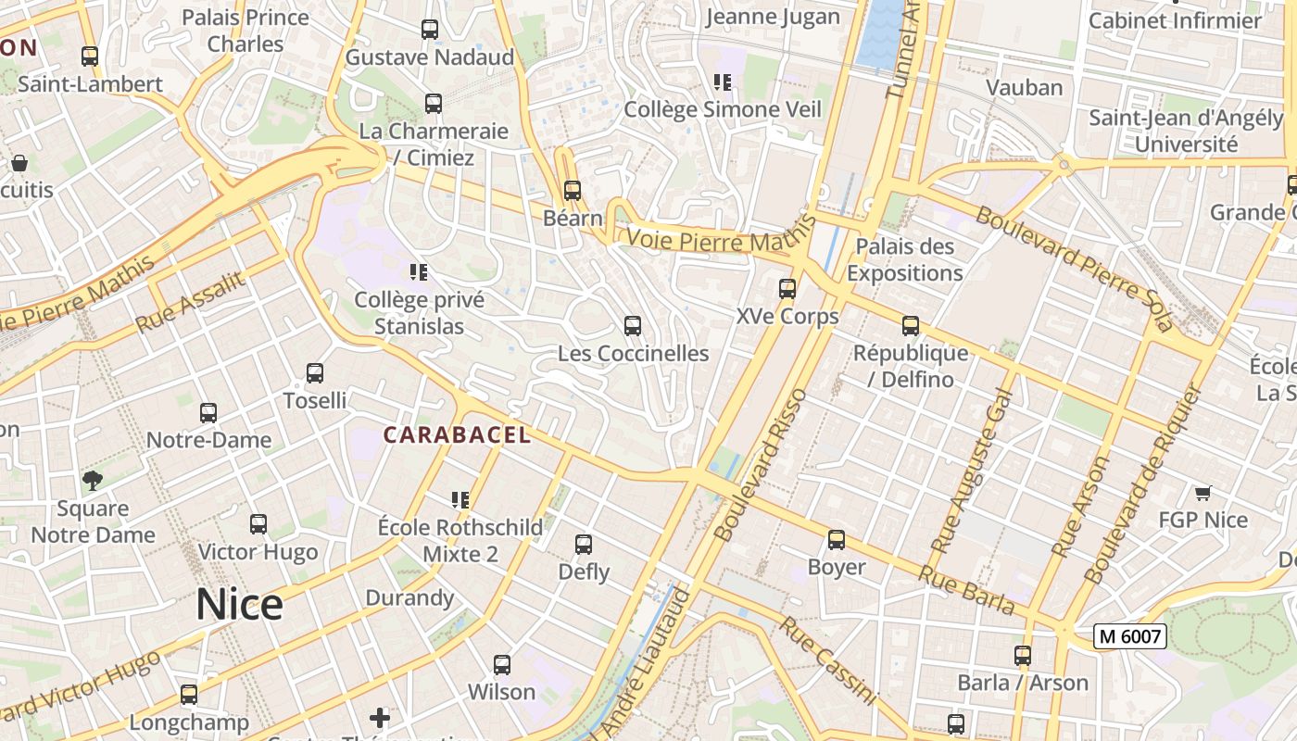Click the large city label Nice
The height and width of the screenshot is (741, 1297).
coord(239,605)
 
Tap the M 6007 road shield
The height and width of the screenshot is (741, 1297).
coord(1128,636)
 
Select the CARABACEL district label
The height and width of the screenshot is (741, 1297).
coord(458,434)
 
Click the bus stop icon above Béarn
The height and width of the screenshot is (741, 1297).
coord(573,191)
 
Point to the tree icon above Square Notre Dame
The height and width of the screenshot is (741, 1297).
coord(93,480)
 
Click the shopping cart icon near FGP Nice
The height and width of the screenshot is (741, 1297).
coord(1203,493)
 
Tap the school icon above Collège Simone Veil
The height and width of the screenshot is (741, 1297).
coord(723,82)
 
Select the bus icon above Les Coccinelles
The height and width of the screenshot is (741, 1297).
coord(633,326)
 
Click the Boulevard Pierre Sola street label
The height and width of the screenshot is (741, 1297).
coord(1075,269)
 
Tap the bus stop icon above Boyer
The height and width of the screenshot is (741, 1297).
coord(837,540)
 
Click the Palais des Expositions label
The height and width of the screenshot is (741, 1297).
coord(905,260)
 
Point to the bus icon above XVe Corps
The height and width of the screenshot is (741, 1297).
coord(787,289)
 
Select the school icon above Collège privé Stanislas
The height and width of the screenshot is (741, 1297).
coord(419,272)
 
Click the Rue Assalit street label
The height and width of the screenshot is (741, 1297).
coord(190,302)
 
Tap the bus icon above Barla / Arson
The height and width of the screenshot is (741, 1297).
coord(1023,656)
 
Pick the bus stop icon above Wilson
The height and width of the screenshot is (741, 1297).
coord(502,665)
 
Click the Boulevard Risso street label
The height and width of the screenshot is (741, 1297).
coord(762,466)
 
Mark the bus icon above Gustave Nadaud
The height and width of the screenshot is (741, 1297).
coord(430,30)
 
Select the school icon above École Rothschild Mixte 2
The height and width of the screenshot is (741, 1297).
coord(460,500)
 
